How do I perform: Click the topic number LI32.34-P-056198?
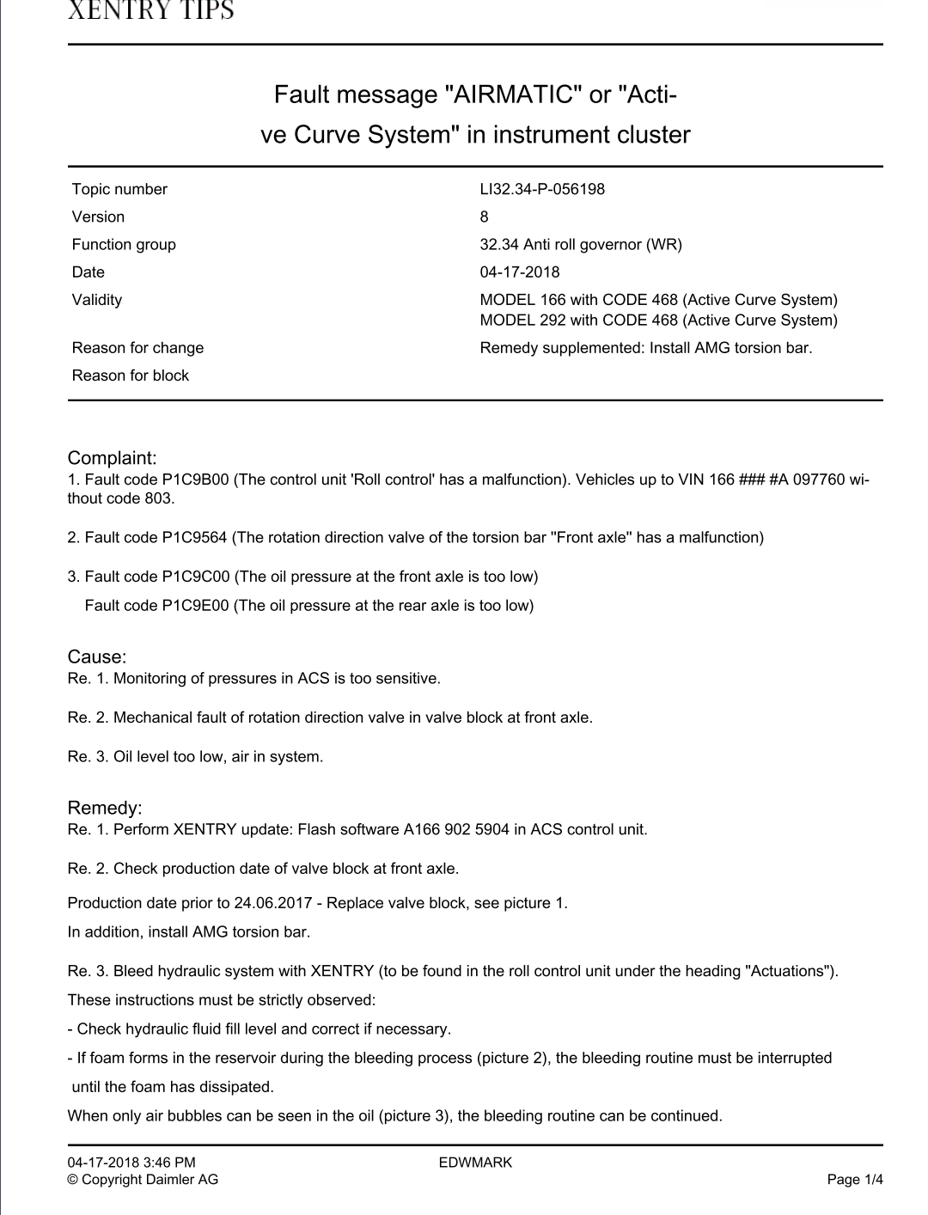pyautogui.click(x=542, y=189)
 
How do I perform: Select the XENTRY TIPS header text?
pyautogui.click(x=150, y=10)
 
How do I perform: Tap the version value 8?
pyautogui.click(x=485, y=217)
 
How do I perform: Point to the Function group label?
pyautogui.click(x=124, y=244)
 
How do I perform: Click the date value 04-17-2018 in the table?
pyautogui.click(x=520, y=272)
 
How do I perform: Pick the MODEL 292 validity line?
pyautogui.click(x=658, y=321)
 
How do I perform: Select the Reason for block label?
pyautogui.click(x=131, y=375)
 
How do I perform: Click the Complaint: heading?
pyautogui.click(x=113, y=458)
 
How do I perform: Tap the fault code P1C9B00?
pyautogui.click(x=197, y=479)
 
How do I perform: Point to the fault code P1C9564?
pyautogui.click(x=194, y=538)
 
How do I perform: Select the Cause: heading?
pyautogui.click(x=97, y=657)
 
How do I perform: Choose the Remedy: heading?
pyautogui.click(x=105, y=809)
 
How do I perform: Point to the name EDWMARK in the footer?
pyautogui.click(x=475, y=1163)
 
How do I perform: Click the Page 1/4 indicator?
pyautogui.click(x=855, y=1180)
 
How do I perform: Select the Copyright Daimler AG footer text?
pyautogui.click(x=143, y=1180)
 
